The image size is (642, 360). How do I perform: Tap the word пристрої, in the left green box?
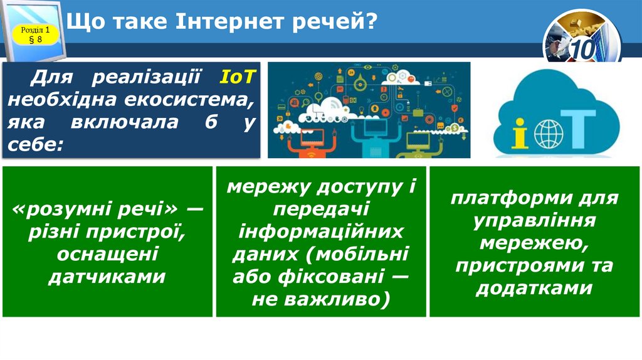click(140, 231)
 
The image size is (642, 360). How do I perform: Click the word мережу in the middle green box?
click(269, 186)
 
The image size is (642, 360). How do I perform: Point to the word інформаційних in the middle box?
click(320, 231)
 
